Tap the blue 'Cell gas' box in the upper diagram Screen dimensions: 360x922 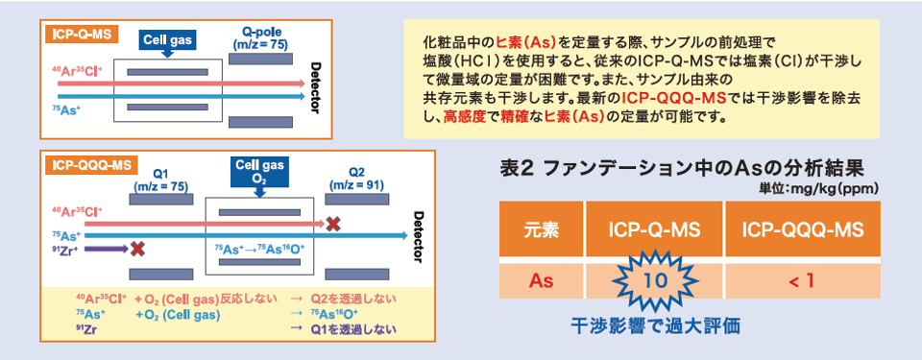[x=167, y=40]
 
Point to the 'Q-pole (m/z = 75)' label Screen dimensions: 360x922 [x=261, y=38]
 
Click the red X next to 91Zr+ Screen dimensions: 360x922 [x=137, y=249]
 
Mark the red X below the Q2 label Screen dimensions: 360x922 [x=333, y=224]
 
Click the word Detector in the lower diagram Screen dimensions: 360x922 [x=416, y=236]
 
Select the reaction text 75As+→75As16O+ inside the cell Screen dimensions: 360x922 [x=258, y=250]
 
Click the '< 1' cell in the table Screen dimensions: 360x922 [x=802, y=280]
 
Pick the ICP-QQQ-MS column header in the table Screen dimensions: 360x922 [x=802, y=230]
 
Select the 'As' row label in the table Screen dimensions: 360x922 [x=543, y=280]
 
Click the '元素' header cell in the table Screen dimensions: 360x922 [x=543, y=230]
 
